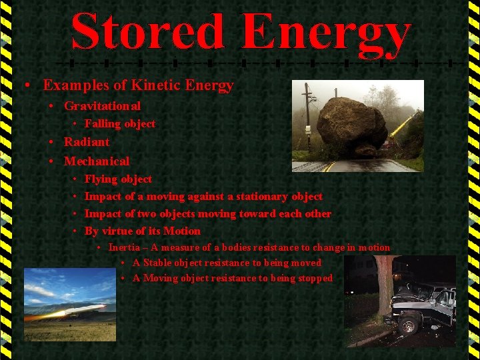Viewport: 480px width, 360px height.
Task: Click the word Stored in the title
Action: (x=147, y=33)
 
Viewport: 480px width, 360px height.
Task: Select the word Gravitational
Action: (x=102, y=106)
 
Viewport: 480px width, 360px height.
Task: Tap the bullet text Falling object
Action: (x=119, y=124)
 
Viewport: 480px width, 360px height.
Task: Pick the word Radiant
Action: (x=87, y=142)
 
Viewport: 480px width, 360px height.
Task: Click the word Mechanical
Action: (x=97, y=161)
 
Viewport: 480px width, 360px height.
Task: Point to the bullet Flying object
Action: (x=118, y=179)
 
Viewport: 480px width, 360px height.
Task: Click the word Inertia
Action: (x=124, y=247)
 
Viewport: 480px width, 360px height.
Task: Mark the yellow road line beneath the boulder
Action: (x=328, y=166)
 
